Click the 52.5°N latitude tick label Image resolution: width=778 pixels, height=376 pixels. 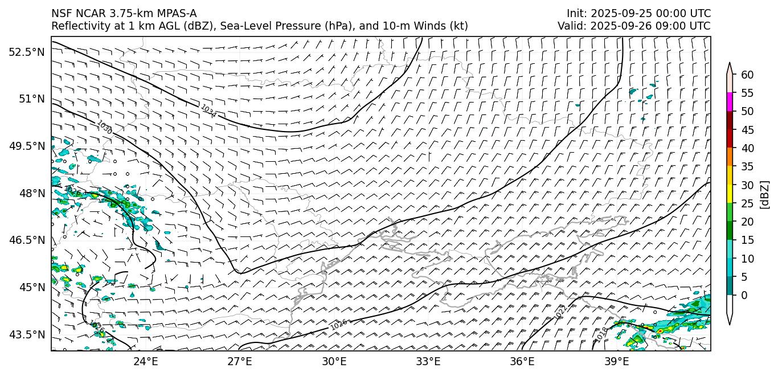(x=26, y=52)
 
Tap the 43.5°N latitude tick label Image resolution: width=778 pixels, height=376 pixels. (x=26, y=334)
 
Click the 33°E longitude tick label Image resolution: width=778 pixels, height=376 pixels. (x=428, y=362)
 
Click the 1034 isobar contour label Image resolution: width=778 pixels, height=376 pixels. (x=208, y=111)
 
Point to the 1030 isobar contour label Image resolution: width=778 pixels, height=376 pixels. (x=104, y=127)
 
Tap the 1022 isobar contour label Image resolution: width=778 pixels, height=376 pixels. (x=560, y=312)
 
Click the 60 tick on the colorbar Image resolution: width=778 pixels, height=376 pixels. (x=747, y=75)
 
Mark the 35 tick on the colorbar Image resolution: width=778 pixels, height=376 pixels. (x=747, y=166)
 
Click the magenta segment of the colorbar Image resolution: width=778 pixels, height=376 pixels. (x=730, y=102)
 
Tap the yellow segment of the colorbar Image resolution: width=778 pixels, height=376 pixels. (x=730, y=194)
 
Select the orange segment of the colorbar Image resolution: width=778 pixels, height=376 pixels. (x=730, y=157)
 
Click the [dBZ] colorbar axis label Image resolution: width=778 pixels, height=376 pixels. (x=765, y=194)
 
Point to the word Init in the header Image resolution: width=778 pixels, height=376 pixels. (x=575, y=13)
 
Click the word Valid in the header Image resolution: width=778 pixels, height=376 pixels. (x=570, y=26)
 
